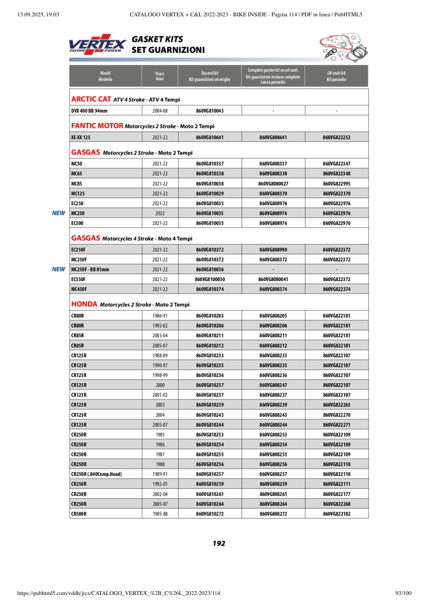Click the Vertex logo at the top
coord(98,44)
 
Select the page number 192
coord(219,544)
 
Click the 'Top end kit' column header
coord(209,76)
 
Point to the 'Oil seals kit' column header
coord(336,76)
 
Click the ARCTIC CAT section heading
coord(91,99)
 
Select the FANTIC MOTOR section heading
coord(98,126)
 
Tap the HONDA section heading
coord(85,305)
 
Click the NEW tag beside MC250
coord(59,213)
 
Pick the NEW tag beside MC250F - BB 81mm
coord(59,270)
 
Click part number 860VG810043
coord(209,111)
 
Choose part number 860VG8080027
coord(273,184)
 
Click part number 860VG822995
coord(336,184)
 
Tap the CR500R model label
coord(79,514)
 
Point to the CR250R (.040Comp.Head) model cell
coord(97,474)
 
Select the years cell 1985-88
coord(160,514)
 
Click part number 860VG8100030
coord(209,279)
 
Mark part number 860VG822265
coord(336,405)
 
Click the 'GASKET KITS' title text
coord(157,39)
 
